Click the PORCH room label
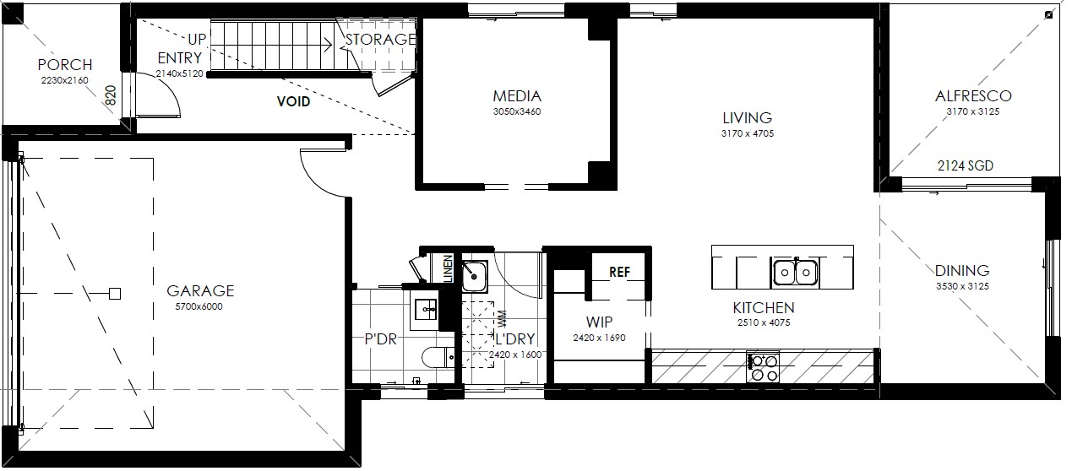tap(65, 64)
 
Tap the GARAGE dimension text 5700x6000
tap(199, 306)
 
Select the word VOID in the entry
tap(293, 101)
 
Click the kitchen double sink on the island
tap(796, 272)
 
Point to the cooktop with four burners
tap(763, 367)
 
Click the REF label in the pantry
tap(620, 272)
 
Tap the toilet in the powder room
tap(438, 357)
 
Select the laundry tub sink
tap(474, 276)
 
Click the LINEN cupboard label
tap(448, 268)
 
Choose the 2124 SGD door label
tap(966, 166)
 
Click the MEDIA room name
tap(517, 96)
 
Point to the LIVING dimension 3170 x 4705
tap(748, 133)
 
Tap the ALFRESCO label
tap(973, 96)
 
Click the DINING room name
tap(962, 271)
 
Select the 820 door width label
tap(111, 95)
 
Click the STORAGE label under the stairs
tap(380, 39)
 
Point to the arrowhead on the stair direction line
tap(329, 46)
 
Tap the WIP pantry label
tap(599, 322)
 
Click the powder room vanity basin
tap(424, 311)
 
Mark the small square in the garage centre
tap(115, 294)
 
